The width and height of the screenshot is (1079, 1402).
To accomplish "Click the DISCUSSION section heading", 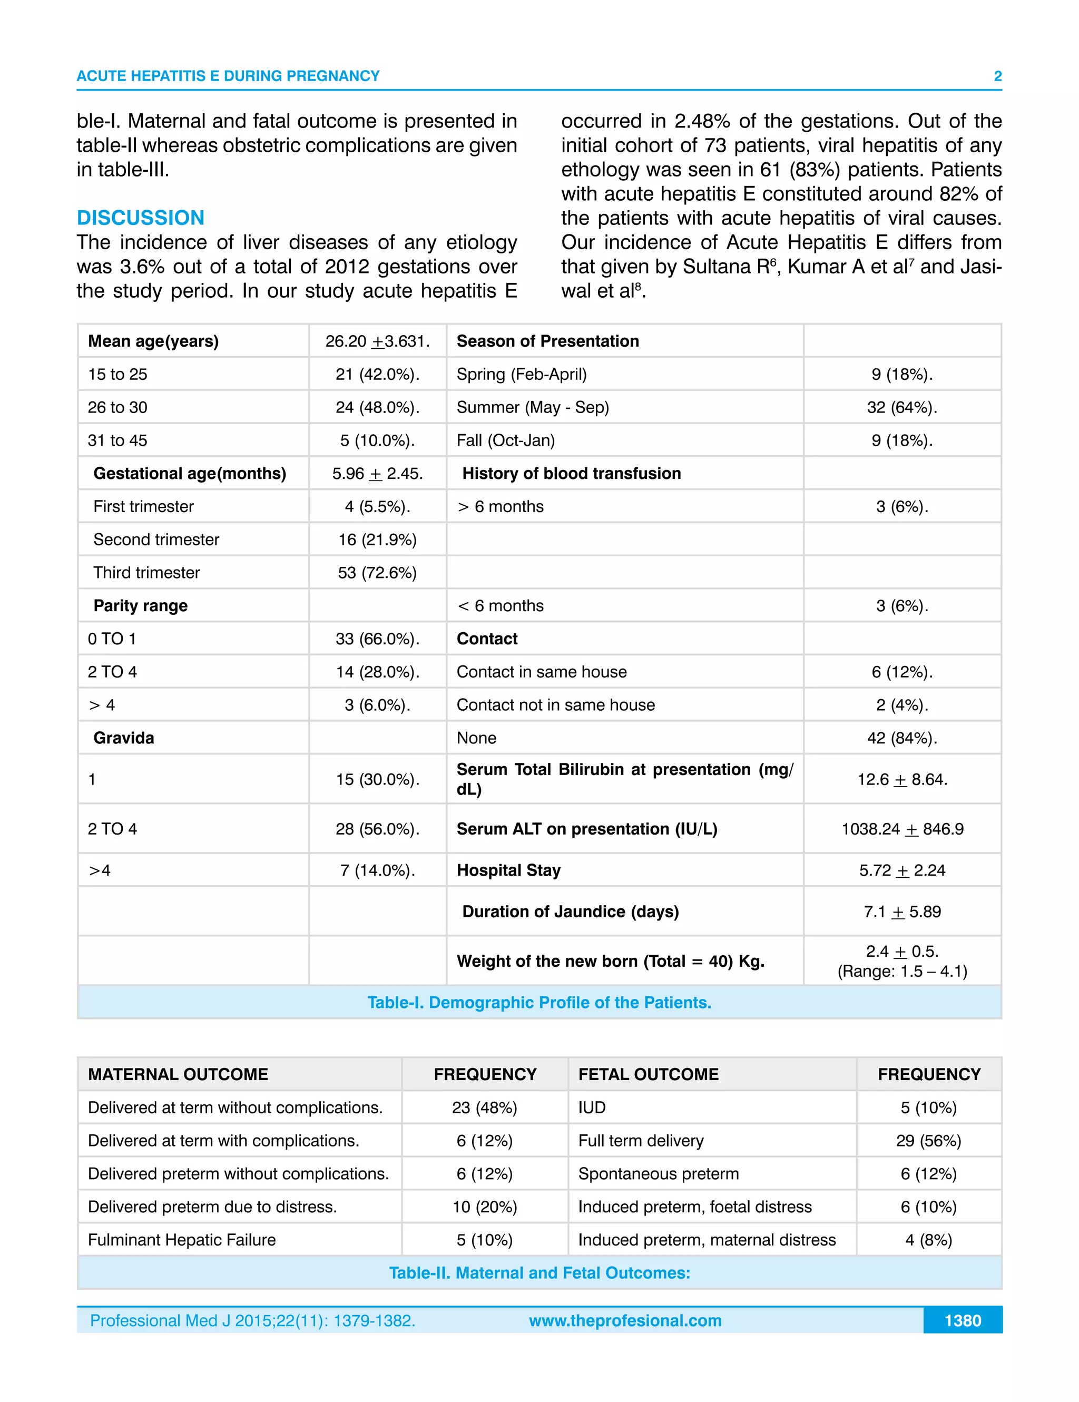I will click(x=140, y=218).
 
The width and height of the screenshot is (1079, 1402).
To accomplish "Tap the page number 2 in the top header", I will click(x=997, y=76).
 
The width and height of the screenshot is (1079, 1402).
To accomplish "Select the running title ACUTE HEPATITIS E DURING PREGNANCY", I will click(x=228, y=76).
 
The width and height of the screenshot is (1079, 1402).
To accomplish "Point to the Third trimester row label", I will click(x=146, y=573).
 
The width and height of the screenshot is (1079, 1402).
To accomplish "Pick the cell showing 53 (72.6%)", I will click(x=377, y=573).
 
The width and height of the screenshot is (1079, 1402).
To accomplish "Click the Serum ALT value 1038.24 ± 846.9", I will click(x=902, y=829).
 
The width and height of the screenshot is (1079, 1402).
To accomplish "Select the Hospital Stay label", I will click(x=508, y=870).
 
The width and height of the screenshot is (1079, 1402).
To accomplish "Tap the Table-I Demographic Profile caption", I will click(x=538, y=1002).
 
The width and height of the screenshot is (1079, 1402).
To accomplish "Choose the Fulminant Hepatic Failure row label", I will click(x=182, y=1240).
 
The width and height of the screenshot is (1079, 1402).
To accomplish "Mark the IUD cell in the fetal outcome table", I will click(x=591, y=1107).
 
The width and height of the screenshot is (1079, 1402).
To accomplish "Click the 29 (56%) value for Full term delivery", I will click(x=928, y=1141).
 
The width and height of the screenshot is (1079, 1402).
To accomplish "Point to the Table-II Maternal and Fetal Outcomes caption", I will click(x=538, y=1272).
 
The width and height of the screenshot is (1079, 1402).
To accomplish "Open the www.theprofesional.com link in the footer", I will click(x=624, y=1320).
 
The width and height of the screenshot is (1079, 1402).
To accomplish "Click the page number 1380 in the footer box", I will click(x=962, y=1320).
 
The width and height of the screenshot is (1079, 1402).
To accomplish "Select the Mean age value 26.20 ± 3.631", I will click(x=377, y=341).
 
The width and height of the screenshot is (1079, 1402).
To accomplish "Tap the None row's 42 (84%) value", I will click(x=901, y=738).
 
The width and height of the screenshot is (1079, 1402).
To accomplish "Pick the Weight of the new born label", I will click(x=610, y=961).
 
